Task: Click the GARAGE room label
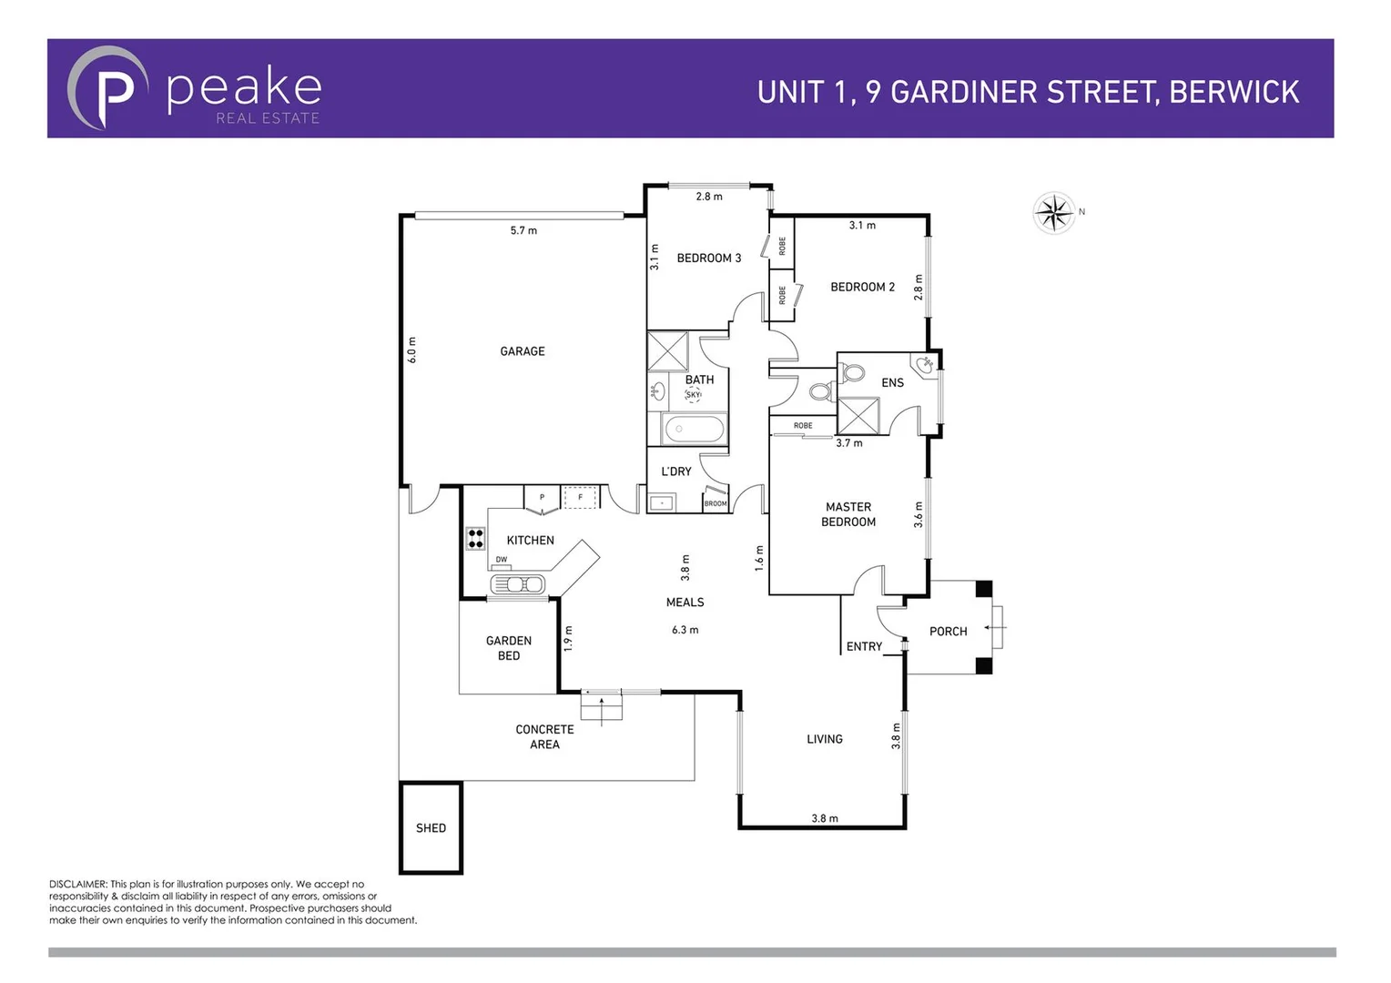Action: (522, 351)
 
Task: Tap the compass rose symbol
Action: (1054, 214)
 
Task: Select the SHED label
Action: (431, 828)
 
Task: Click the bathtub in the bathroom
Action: (694, 429)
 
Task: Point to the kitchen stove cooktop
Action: (475, 538)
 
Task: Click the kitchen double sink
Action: (517, 583)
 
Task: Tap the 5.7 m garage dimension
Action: (523, 231)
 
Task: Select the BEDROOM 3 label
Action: (708, 258)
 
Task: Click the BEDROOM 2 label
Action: (862, 287)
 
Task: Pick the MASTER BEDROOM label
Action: (848, 514)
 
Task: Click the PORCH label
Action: (948, 632)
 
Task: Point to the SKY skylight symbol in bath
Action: (694, 394)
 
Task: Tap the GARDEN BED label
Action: (508, 648)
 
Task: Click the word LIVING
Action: (824, 739)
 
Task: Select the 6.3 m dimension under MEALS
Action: (685, 630)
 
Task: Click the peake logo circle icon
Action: (108, 88)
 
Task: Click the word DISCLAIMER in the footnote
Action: (78, 884)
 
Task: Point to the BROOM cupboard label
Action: (716, 503)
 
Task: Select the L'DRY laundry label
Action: (675, 471)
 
